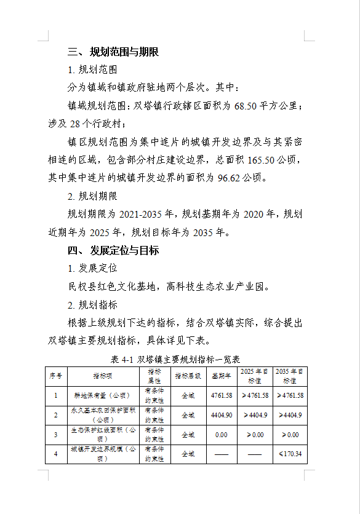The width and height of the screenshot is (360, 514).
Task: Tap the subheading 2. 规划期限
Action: [x=93, y=197]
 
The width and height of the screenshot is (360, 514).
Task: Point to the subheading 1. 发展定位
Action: [x=93, y=268]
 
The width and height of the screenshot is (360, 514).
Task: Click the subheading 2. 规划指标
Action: [x=93, y=305]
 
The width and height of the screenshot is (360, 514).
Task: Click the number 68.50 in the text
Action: [x=247, y=106]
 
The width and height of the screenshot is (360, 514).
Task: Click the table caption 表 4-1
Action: [x=122, y=359]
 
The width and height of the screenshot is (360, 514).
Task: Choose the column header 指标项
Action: [x=103, y=376]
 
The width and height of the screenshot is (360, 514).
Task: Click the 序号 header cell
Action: [x=55, y=376]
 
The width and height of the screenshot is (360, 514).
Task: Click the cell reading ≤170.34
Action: [x=290, y=454]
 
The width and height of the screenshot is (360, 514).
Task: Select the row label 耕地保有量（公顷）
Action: [x=103, y=395]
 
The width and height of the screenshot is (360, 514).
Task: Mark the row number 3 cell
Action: [x=55, y=435]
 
